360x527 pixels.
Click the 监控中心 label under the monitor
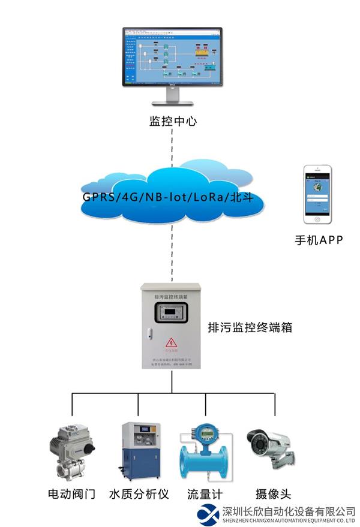pyautogui.click(x=173, y=122)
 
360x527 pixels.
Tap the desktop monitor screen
pyautogui.click(x=172, y=58)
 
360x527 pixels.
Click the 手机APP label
pyautogui.click(x=318, y=240)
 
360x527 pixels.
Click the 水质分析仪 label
pyautogui.click(x=139, y=495)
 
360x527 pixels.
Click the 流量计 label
pyautogui.click(x=205, y=495)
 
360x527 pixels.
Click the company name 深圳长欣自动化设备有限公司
pyautogui.click(x=288, y=511)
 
